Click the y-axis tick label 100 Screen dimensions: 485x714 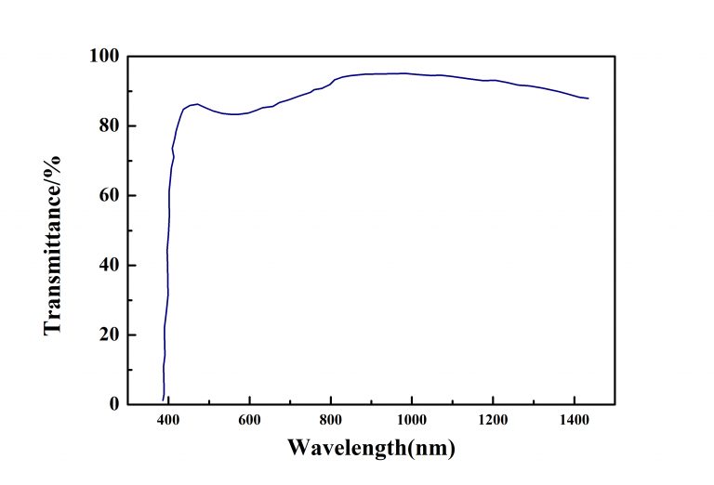[109, 56]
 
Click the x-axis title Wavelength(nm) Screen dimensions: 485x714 [371, 448]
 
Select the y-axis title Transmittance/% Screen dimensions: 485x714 [53, 230]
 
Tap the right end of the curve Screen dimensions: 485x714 [588, 98]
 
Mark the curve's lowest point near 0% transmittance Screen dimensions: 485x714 [164, 400]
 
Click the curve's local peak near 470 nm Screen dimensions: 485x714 [196, 104]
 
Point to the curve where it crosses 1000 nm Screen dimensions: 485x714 [412, 73]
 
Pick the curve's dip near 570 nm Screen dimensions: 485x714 [238, 114]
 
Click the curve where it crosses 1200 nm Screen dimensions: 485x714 [493, 80]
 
